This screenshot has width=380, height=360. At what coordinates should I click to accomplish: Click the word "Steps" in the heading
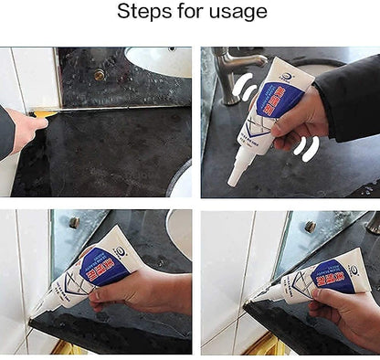point(142,12)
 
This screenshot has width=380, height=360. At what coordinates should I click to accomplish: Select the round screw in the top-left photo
point(99,75)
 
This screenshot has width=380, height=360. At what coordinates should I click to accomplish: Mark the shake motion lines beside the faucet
point(241,90)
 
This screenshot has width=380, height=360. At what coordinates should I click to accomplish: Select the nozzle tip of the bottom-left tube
point(37,312)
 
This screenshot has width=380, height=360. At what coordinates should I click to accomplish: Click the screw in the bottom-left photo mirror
point(73,222)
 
